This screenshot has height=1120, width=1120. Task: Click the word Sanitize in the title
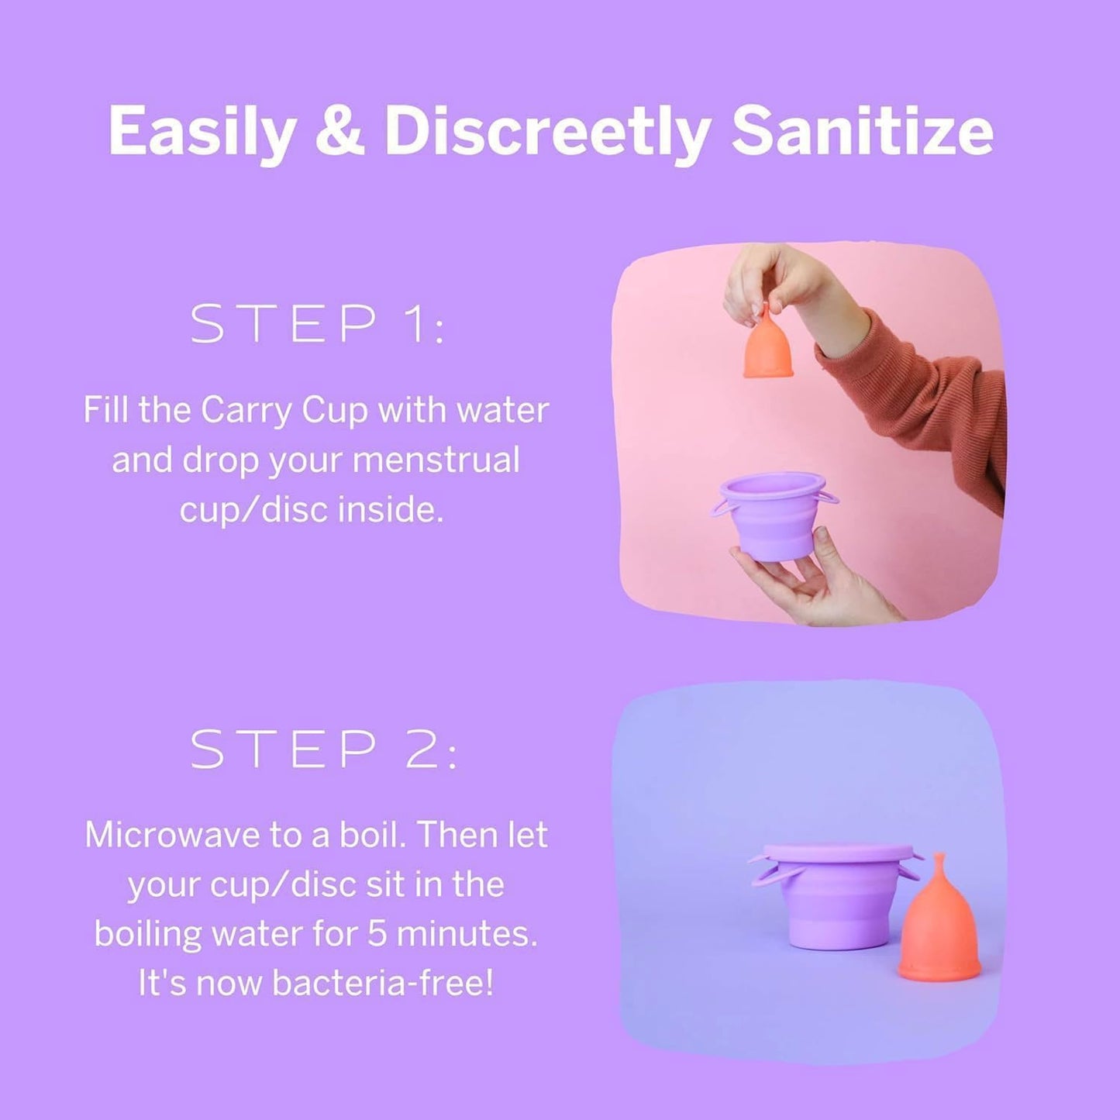[x=862, y=130]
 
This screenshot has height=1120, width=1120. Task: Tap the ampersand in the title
[x=339, y=130]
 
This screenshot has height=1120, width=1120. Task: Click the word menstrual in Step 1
[x=436, y=460]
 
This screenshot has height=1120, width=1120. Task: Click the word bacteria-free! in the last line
[x=382, y=983]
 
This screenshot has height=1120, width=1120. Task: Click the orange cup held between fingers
[x=768, y=346]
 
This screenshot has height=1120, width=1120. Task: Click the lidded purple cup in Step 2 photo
[x=836, y=897]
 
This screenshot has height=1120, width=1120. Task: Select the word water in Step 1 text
[x=502, y=409]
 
